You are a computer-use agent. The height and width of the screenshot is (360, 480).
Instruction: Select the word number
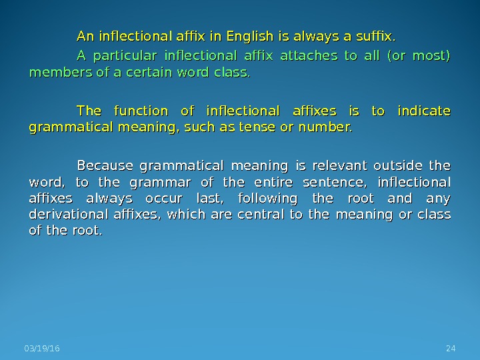(328, 127)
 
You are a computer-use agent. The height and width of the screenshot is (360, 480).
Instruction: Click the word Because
(105, 165)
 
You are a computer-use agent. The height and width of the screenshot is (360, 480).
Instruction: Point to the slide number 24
(450, 349)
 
